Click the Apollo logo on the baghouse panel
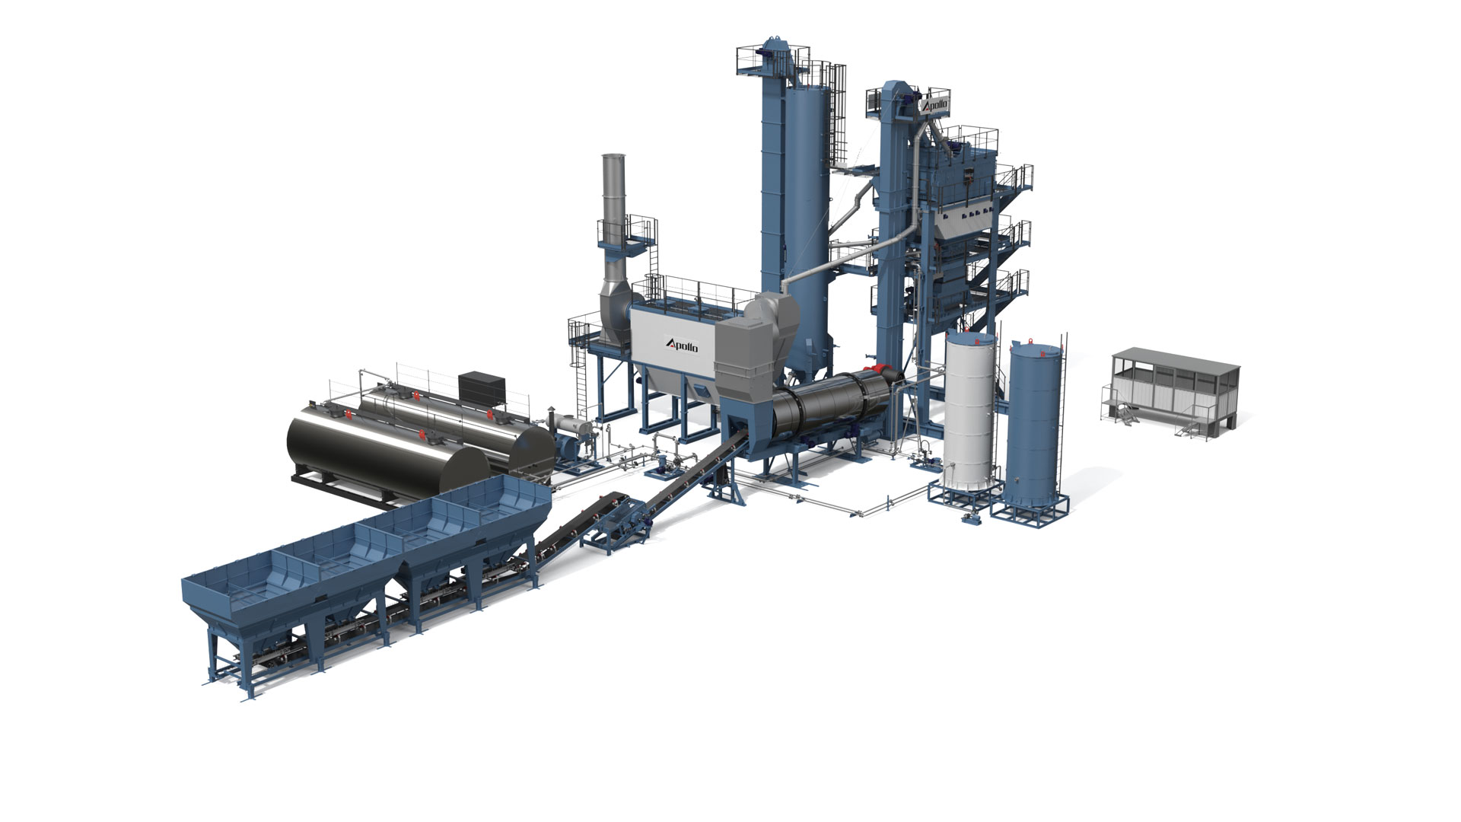point(681,346)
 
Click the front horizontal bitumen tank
point(387,449)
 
